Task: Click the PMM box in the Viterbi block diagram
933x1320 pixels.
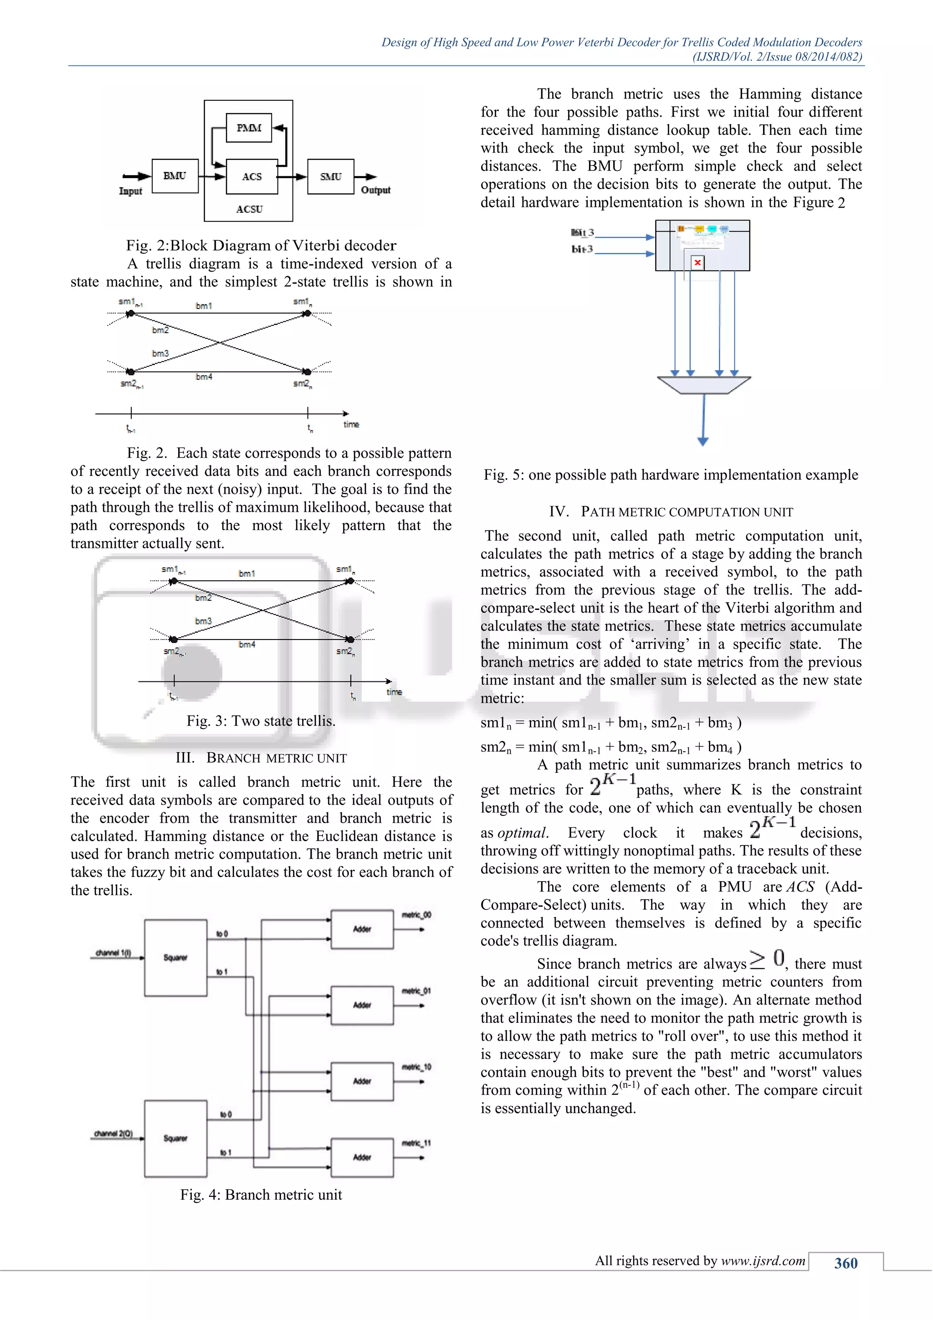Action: tap(249, 128)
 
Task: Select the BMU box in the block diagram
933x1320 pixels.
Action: tap(174, 176)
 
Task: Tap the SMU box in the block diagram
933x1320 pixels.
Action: tap(330, 176)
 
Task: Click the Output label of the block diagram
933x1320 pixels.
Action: tap(376, 190)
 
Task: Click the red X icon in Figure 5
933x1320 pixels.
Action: tap(697, 263)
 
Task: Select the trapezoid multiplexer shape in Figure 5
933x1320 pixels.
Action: tap(704, 385)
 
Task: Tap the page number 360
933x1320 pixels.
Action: tap(846, 1263)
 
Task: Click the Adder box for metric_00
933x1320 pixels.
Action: tap(362, 929)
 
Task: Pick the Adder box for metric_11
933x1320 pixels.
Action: tap(362, 1157)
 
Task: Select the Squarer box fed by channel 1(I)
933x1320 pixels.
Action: tap(175, 957)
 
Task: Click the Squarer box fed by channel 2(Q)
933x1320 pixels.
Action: tap(175, 1138)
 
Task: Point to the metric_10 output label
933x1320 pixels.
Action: tap(416, 1067)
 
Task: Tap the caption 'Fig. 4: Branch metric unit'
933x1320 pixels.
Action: tap(261, 1195)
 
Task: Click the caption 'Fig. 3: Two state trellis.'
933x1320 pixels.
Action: tap(261, 721)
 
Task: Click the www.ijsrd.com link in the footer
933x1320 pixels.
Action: tap(763, 1261)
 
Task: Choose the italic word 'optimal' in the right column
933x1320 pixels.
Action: tap(522, 833)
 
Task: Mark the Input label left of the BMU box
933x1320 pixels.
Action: tap(130, 191)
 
